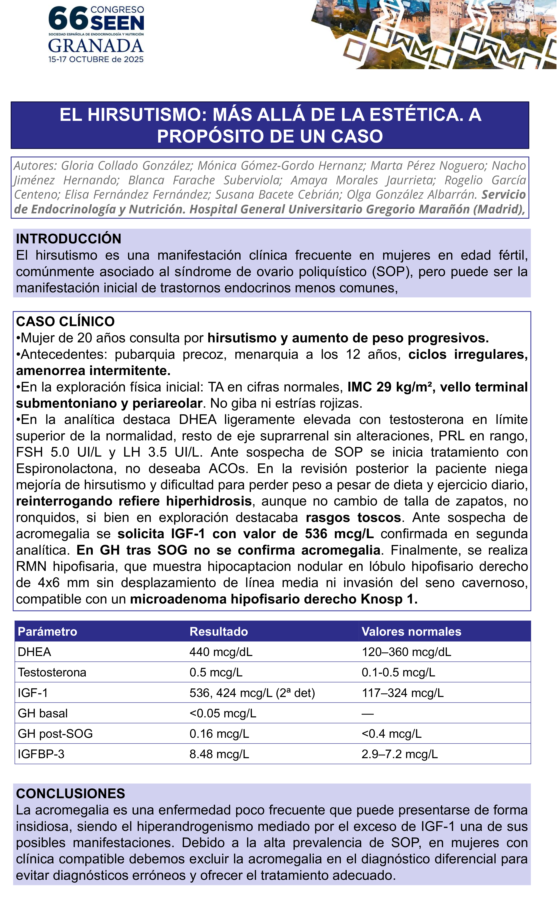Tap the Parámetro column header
pyautogui.click(x=47, y=631)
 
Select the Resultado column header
pyautogui.click(x=218, y=631)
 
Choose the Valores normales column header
pyautogui.click(x=411, y=631)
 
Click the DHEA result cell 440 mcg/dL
pyautogui.click(x=221, y=652)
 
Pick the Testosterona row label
pyautogui.click(x=52, y=672)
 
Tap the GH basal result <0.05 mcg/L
pyautogui.click(x=223, y=713)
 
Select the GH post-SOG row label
pyautogui.click(x=55, y=733)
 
